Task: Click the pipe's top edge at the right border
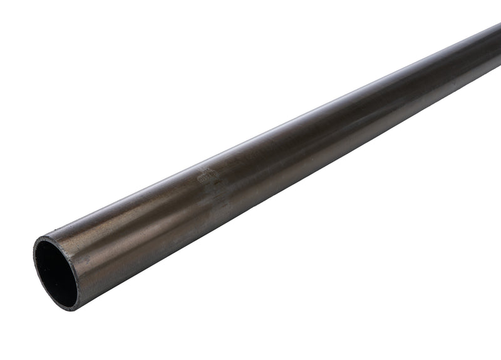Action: [500, 24]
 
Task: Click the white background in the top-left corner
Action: [19, 19]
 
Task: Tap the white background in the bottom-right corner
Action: [482, 341]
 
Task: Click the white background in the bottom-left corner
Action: [19, 341]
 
